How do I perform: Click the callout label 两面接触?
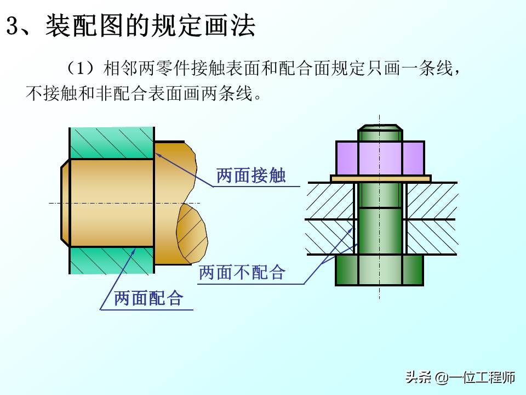coord(251,176)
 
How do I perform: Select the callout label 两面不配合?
coord(242,273)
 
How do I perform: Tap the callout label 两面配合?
coord(148,298)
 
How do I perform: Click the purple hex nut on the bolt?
coord(380,158)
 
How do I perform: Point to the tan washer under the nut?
coord(381,179)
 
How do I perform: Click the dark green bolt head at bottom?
coord(379,270)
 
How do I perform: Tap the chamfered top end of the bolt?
coord(380,127)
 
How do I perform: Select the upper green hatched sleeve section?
coord(112,143)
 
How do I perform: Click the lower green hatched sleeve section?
coord(112,261)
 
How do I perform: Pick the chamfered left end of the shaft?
coord(65,203)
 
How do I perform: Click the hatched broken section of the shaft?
coord(192,234)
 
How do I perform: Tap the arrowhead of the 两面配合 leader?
coord(134,250)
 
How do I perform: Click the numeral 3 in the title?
coord(12,26)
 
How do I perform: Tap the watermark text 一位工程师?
coord(482,377)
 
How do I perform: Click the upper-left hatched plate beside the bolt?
coord(331,201)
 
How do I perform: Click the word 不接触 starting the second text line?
coord(52,93)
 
